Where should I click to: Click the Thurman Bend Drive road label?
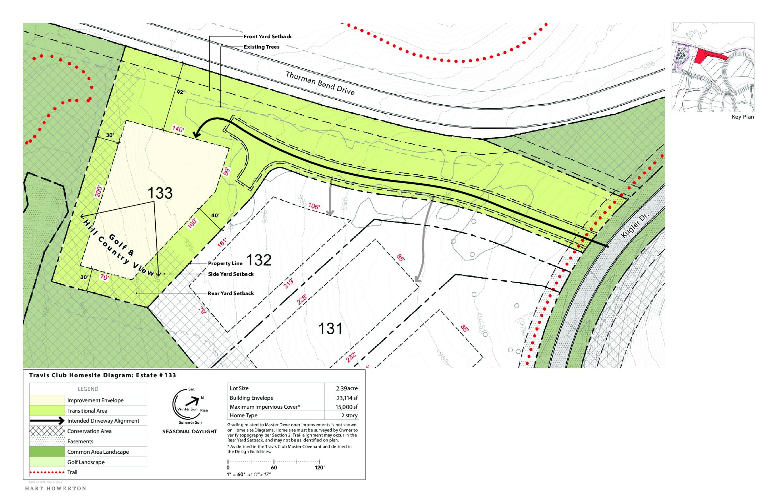click(x=320, y=83)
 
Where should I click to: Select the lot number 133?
click(x=160, y=193)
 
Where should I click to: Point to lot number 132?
click(x=259, y=260)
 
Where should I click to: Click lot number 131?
click(x=330, y=329)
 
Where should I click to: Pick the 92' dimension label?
click(x=181, y=92)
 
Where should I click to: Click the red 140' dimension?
click(x=178, y=129)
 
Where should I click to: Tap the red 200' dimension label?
click(x=99, y=191)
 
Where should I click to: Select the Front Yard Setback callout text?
click(x=267, y=36)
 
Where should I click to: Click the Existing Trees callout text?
click(x=261, y=47)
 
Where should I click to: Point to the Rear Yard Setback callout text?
click(x=231, y=293)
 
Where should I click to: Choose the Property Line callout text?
click(x=225, y=263)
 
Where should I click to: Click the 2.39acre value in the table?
click(x=346, y=388)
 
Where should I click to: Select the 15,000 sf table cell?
click(x=346, y=407)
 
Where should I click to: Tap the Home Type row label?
click(x=244, y=415)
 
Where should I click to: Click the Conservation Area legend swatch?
click(x=47, y=431)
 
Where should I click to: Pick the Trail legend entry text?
click(x=72, y=472)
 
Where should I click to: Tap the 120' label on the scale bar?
click(x=320, y=468)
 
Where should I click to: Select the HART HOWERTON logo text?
click(x=56, y=488)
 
